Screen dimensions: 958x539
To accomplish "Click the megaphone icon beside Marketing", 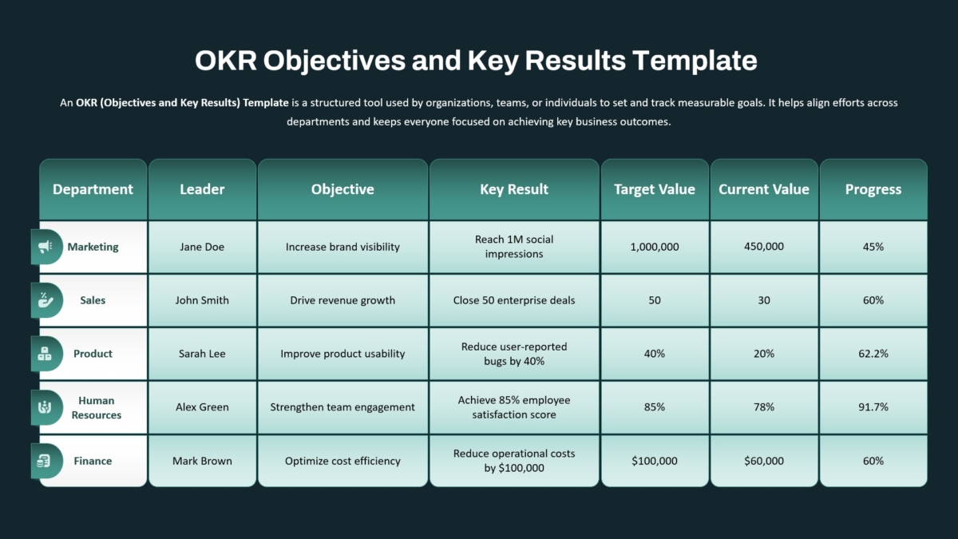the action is [46, 247].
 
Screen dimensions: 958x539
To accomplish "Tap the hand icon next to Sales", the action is [45, 300].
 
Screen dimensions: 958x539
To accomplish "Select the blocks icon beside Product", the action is [45, 354].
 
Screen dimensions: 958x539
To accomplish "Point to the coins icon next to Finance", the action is [44, 461].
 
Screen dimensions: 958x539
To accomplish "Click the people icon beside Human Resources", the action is [45, 407].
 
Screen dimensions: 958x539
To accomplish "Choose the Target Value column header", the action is [655, 189].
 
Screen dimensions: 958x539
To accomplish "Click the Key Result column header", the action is [514, 189].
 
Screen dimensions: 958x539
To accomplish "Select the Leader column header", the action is [202, 189].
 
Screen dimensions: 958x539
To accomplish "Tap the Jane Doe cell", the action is [202, 247].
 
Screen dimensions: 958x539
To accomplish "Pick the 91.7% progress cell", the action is [873, 406].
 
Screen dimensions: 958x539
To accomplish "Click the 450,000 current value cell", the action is [764, 247].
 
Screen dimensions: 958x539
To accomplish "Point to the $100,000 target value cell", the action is [655, 461].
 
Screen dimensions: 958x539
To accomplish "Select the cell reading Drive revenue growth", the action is [342, 300].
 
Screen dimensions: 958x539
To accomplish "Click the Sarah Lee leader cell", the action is [202, 354].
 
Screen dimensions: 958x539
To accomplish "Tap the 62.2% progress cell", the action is [873, 354].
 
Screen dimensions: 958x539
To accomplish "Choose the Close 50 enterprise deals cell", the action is [514, 300].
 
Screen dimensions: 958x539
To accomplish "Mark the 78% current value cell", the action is [764, 406].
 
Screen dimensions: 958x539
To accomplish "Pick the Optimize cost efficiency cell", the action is [342, 461].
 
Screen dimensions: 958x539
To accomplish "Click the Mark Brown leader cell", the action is [202, 461].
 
